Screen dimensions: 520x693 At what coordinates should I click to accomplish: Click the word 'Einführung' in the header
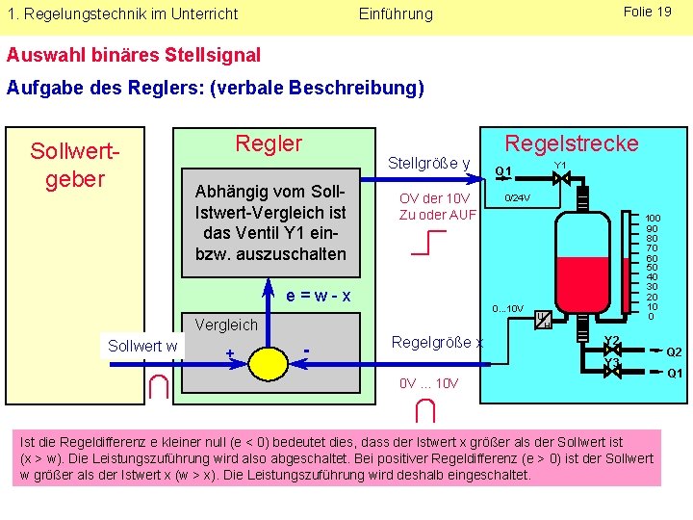point(396,13)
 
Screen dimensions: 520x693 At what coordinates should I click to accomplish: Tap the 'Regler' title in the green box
point(269,144)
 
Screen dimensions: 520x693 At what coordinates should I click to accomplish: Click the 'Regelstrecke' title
point(572,143)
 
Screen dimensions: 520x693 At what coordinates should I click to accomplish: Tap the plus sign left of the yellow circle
point(229,353)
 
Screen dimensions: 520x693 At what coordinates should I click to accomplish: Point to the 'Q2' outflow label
point(675,352)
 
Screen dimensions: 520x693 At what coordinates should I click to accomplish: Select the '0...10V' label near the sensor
point(507,309)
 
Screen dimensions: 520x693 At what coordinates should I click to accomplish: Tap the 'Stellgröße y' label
point(428,163)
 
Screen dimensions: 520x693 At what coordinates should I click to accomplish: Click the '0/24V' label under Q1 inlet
point(518,197)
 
